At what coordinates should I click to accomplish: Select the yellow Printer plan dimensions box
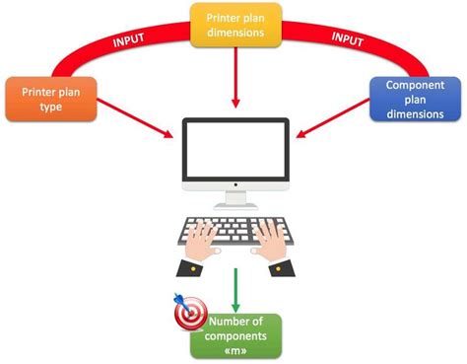[x=233, y=25]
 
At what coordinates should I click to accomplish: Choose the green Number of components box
[x=237, y=335]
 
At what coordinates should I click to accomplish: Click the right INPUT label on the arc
[x=346, y=41]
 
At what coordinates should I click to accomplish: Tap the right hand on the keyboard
[x=267, y=239]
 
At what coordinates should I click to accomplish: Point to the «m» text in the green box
[x=237, y=350]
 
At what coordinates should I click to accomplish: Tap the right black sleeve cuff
[x=281, y=267]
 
